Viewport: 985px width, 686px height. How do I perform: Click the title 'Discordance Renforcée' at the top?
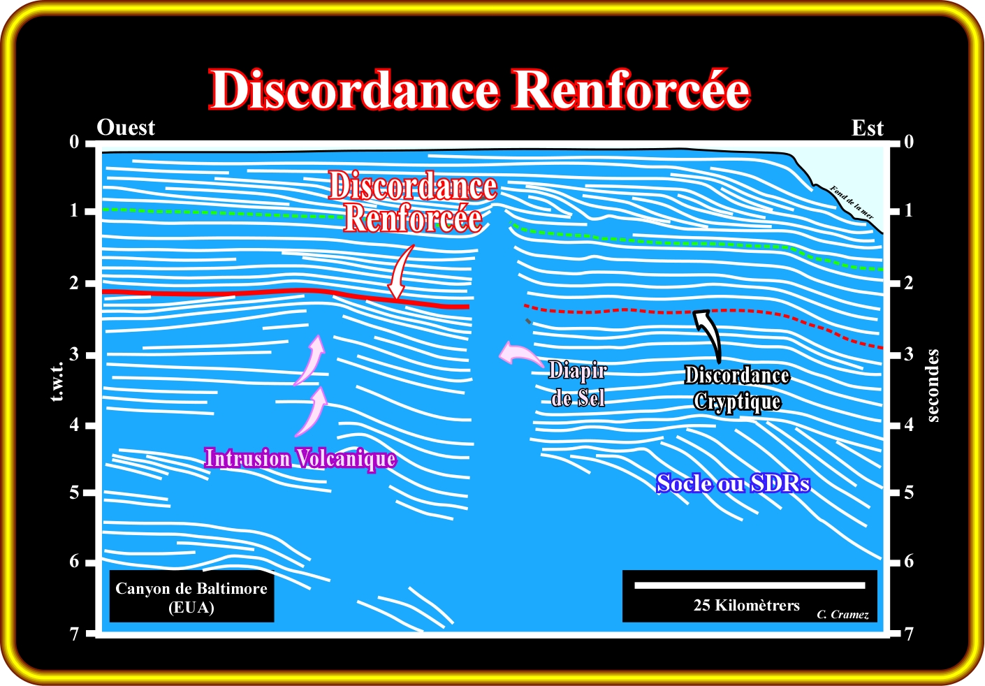tap(479, 90)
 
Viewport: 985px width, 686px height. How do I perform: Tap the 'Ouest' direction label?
tap(126, 128)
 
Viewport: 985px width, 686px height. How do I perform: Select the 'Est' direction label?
tap(868, 129)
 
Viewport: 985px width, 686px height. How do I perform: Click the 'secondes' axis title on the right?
tap(933, 386)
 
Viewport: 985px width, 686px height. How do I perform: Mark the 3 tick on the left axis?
tap(74, 355)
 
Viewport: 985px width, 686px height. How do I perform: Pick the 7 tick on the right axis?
tap(909, 634)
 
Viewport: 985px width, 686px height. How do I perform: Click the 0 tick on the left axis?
tap(74, 143)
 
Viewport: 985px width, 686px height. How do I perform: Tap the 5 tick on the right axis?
tap(909, 492)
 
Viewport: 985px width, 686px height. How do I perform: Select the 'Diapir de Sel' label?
tap(578, 384)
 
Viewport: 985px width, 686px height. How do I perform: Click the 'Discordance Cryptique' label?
tap(737, 388)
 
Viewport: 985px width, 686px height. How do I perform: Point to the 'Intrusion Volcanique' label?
tap(300, 459)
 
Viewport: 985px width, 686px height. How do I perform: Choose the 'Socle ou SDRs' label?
tap(733, 483)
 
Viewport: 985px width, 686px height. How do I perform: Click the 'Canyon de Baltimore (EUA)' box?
tap(191, 598)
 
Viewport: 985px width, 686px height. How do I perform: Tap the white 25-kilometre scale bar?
tap(750, 585)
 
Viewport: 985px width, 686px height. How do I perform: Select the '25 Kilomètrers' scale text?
tap(746, 606)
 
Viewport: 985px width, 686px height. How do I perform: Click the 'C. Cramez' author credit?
tap(842, 615)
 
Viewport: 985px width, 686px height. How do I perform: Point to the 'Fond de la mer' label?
tap(852, 203)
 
